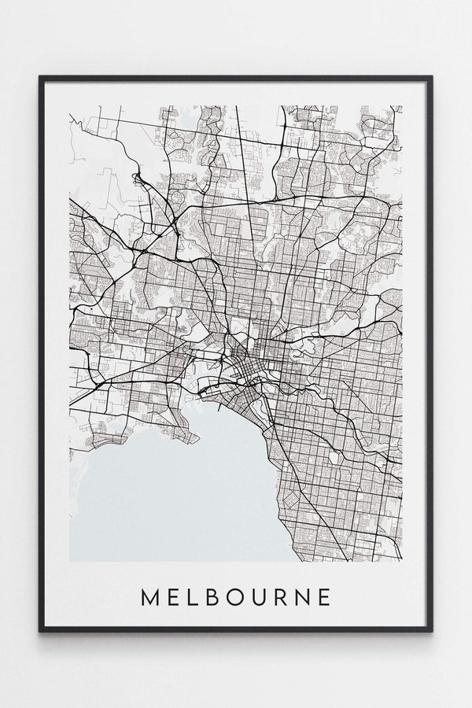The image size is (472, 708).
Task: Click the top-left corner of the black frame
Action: (40, 77)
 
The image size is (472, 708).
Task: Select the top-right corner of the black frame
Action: (432, 77)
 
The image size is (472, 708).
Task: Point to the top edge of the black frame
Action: (236, 77)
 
